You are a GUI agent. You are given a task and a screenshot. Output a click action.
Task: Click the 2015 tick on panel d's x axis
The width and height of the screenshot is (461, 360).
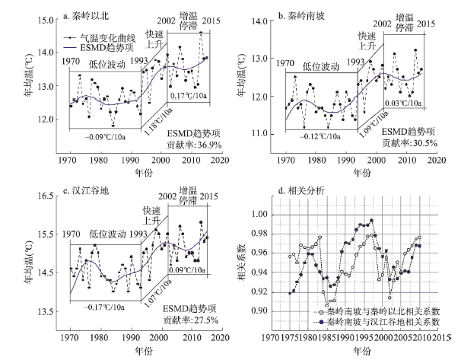pyautogui.click(x=439, y=336)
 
